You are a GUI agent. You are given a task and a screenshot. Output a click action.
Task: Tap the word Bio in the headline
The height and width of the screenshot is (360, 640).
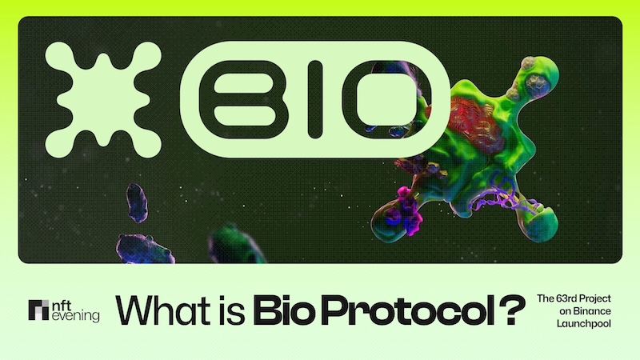pos(284,310)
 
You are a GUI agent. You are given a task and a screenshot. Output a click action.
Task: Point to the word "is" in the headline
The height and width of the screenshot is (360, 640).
pos(224,310)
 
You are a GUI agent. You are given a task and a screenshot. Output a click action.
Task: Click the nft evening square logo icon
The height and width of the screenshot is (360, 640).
pos(38,310)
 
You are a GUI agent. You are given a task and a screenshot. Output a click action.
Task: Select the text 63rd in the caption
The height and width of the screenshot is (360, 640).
pos(567,298)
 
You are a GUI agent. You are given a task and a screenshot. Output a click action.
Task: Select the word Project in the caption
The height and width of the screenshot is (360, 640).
pos(602,298)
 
